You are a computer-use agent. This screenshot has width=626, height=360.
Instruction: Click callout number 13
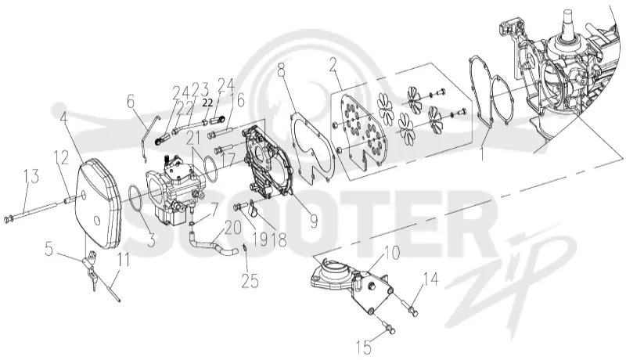pos(32,176)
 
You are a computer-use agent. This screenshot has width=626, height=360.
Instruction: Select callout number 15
pos(365,347)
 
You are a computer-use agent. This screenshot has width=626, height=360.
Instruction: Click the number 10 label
pos(392,254)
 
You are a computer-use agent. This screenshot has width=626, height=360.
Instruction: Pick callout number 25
pos(250,282)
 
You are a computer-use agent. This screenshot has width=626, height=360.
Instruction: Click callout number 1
pos(482,153)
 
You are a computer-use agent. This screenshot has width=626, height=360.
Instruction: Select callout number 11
pos(124,261)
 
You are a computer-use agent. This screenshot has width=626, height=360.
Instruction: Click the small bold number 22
pos(207,103)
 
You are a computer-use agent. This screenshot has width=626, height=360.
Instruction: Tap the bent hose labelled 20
pos(211,242)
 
